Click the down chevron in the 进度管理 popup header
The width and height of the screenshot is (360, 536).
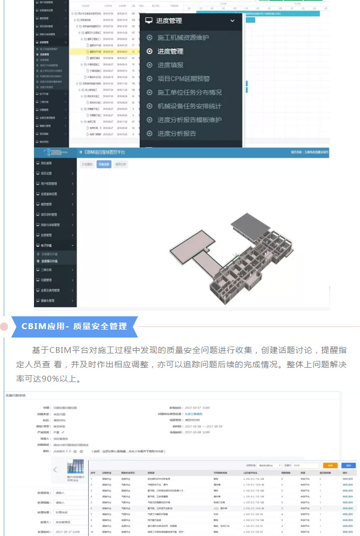pos(232,21)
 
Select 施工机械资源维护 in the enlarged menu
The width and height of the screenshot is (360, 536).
pos(183,38)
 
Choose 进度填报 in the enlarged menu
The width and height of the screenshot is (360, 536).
pos(170,65)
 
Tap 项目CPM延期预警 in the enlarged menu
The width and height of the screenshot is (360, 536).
pos(183,79)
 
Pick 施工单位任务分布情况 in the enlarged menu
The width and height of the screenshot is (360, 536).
pos(189,92)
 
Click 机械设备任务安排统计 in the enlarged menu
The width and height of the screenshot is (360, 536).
pos(189,106)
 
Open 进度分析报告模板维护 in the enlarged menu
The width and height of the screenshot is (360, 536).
pos(189,120)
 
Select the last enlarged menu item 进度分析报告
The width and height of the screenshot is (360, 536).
pos(176,133)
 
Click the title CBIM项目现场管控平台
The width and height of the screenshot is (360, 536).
pos(104,152)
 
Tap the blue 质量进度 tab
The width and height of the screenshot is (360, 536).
pos(104,165)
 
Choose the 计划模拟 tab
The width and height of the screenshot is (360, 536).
pos(87,165)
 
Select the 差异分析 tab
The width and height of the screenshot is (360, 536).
pos(121,165)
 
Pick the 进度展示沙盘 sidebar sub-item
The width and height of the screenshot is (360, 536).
pos(49,261)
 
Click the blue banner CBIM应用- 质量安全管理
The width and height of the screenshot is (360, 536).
pos(74,326)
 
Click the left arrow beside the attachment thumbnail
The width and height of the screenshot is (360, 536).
pos(55,470)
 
